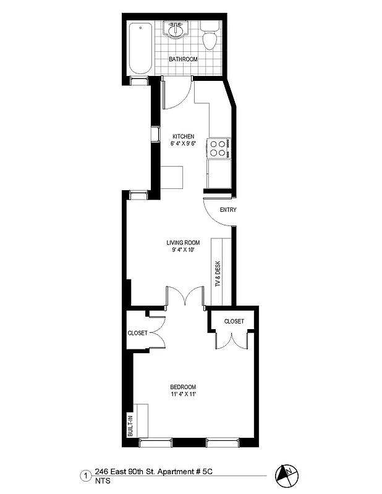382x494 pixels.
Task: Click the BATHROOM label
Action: [x=184, y=59]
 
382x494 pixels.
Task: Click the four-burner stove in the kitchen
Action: [x=218, y=148]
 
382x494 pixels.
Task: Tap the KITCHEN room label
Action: [x=184, y=136]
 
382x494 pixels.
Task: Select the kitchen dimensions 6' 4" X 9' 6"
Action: [x=184, y=143]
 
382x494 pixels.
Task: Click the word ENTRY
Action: [x=228, y=210]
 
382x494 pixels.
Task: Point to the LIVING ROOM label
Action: [x=184, y=243]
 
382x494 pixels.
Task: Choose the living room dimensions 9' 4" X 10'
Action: [x=184, y=250]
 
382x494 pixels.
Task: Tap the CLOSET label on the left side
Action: [x=137, y=333]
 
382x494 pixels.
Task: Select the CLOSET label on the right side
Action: [x=234, y=321]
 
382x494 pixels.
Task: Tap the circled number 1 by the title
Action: [x=84, y=476]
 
